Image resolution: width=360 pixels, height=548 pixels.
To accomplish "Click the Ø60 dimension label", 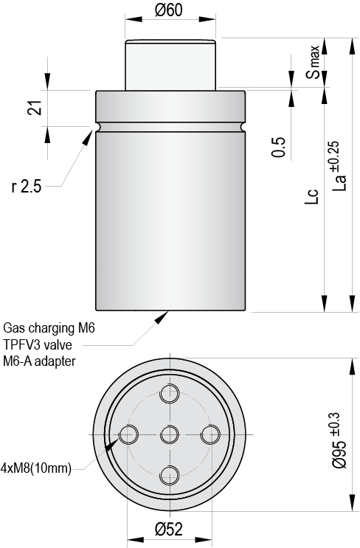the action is pyautogui.click(x=169, y=10).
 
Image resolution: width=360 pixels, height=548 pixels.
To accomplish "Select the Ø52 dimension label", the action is pyautogui.click(x=169, y=530).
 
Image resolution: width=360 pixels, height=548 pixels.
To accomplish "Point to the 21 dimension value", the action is pyautogui.click(x=35, y=108).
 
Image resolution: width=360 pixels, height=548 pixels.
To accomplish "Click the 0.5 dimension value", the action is pyautogui.click(x=279, y=147).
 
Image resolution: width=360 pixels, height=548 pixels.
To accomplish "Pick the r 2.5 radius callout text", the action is pyautogui.click(x=27, y=187).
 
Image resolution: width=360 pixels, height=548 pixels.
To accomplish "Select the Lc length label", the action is pyautogui.click(x=312, y=197).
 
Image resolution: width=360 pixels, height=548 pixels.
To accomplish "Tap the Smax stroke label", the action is pyautogui.click(x=313, y=61).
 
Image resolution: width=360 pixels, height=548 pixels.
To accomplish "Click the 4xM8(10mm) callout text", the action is pyautogui.click(x=36, y=468).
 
